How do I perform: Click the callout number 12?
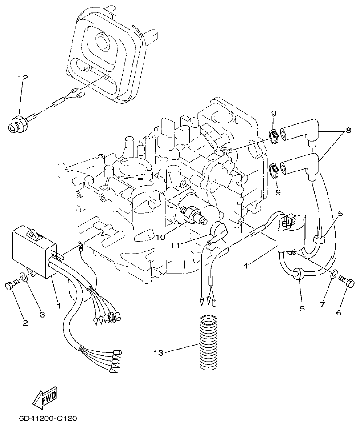click(x=23, y=78)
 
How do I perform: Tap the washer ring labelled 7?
click(x=333, y=272)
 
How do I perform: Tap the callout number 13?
click(x=158, y=353)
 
